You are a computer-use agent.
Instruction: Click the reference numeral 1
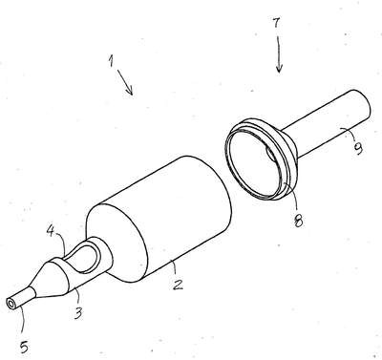(x=111, y=60)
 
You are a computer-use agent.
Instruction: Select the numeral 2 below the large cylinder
(x=178, y=285)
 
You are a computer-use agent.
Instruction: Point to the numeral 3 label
(x=77, y=312)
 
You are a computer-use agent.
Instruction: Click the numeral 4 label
(x=51, y=231)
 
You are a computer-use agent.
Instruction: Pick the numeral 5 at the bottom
(x=24, y=347)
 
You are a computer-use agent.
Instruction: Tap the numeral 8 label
(x=298, y=220)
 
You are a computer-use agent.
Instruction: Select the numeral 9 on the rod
(x=358, y=148)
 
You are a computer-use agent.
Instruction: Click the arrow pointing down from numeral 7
(x=279, y=54)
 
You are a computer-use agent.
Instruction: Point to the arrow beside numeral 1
(x=125, y=82)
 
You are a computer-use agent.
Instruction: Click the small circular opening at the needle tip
(x=11, y=304)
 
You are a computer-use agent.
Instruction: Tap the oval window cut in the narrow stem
(x=81, y=257)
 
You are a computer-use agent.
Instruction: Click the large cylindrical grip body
(x=159, y=220)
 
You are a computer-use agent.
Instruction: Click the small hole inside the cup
(x=271, y=153)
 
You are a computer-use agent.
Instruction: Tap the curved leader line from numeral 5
(x=23, y=321)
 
